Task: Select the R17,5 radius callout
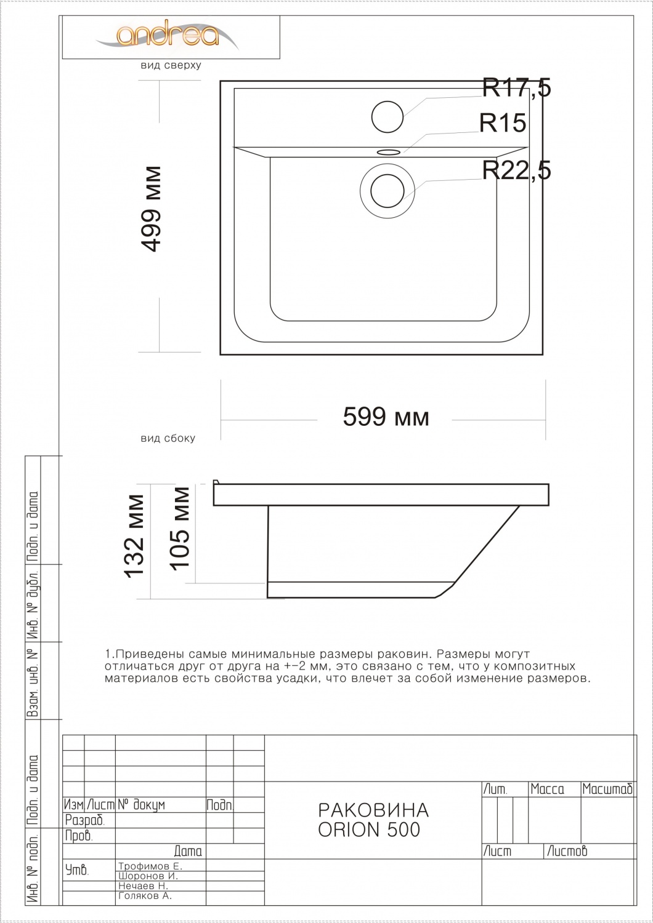point(516,88)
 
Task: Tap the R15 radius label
point(503,122)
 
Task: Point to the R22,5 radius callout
point(516,170)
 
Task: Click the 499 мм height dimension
point(150,209)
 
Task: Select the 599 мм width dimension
point(386,417)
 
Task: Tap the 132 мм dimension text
point(134,536)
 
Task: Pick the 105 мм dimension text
point(180,529)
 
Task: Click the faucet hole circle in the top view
point(387,117)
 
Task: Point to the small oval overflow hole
point(388,152)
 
